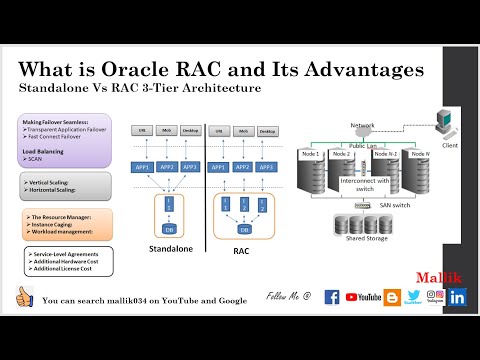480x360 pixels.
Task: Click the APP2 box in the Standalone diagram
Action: pos(168,167)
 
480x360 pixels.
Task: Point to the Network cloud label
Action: pos(363,125)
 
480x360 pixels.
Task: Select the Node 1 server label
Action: pos(311,153)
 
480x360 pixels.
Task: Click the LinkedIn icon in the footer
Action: pos(457,296)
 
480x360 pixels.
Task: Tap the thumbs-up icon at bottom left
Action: pos(25,297)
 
